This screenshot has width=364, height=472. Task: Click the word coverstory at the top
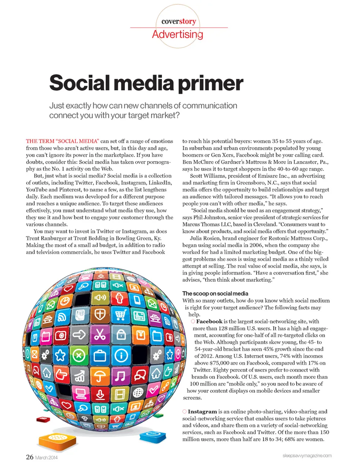tap(179, 21)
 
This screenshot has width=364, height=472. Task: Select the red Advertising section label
tap(177, 34)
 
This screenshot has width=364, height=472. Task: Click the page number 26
tap(30, 457)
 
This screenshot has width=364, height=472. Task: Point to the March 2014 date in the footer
tap(46, 458)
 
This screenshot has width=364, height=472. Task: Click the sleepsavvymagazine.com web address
tap(307, 456)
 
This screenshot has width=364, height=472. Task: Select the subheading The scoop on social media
tap(215, 293)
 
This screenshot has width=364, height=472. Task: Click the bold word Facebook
tap(209, 321)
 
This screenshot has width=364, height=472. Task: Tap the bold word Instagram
tap(202, 411)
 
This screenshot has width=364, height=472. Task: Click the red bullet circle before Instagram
tap(185, 411)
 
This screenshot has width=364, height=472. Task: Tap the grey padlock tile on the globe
tap(121, 335)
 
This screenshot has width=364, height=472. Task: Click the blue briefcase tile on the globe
tap(100, 356)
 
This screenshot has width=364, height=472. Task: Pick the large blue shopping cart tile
tap(120, 315)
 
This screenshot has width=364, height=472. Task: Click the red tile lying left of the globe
tap(43, 419)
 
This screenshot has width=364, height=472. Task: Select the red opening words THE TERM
tap(40, 141)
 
